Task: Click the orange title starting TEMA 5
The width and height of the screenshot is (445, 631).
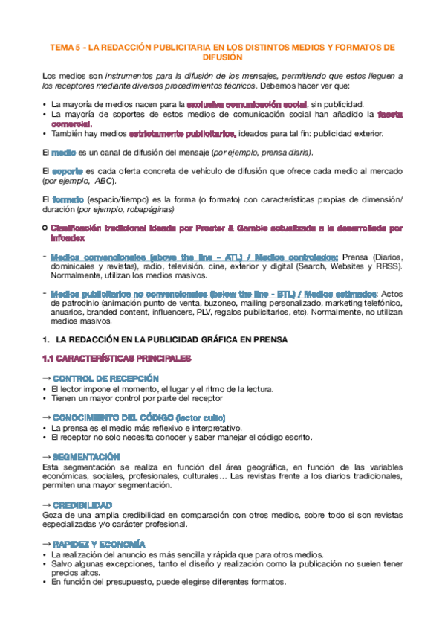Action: click(222, 47)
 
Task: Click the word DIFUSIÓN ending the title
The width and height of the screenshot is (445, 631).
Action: click(222, 57)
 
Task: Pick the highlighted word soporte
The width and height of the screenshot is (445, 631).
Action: click(69, 171)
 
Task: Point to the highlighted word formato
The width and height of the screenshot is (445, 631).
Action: click(68, 199)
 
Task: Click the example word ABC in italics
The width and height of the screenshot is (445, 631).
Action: click(104, 181)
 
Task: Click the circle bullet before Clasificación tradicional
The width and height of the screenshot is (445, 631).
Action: click(45, 228)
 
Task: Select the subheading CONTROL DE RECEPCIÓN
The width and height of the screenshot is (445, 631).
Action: click(101, 379)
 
